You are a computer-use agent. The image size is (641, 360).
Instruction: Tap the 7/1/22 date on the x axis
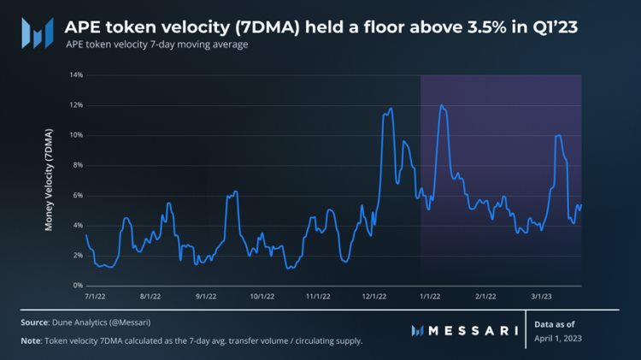96,296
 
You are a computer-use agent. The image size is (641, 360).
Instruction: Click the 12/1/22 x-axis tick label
373,296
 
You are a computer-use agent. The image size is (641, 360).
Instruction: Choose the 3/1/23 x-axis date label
541,296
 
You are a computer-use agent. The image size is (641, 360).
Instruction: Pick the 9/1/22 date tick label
206,296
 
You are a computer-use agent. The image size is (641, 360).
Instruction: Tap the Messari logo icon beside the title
36,32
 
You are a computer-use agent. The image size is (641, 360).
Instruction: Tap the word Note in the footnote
32,341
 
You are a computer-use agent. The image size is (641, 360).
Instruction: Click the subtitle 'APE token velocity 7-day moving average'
156,44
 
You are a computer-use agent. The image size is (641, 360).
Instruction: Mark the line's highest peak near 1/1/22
441,105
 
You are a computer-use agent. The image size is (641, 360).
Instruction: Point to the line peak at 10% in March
558,135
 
